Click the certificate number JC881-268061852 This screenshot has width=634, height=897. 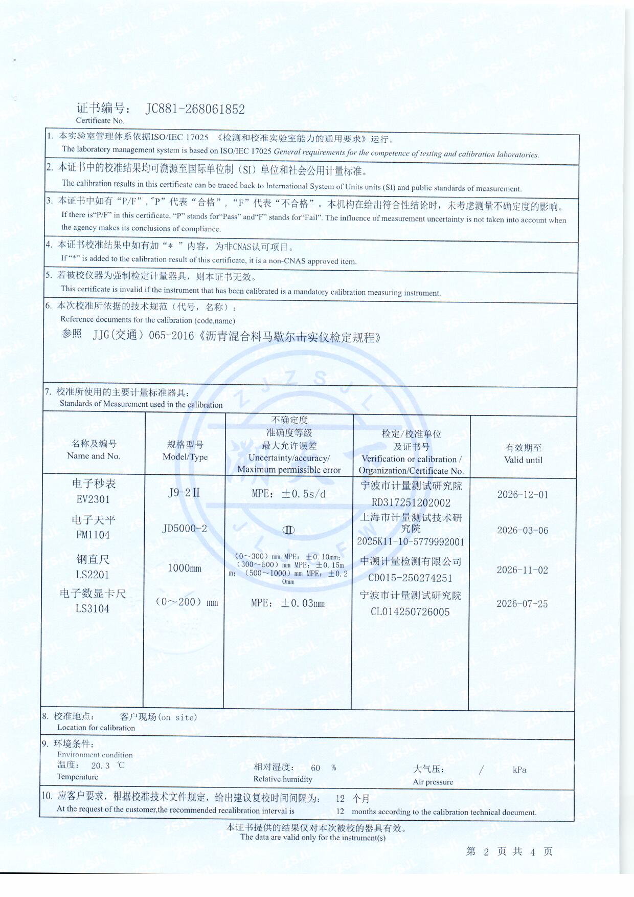tap(195, 109)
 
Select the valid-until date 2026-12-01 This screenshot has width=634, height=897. tap(522, 495)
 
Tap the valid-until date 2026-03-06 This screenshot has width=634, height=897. tap(522, 531)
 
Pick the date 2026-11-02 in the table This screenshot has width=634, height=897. tap(522, 570)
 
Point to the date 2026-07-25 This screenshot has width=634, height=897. tap(522, 604)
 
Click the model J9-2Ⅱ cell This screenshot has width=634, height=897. tap(184, 493)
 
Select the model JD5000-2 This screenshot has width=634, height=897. tap(185, 529)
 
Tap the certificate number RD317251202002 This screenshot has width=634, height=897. tap(411, 503)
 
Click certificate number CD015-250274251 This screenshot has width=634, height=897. tap(410, 578)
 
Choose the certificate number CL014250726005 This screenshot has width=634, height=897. tap(410, 612)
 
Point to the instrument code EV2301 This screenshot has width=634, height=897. tap(93, 499)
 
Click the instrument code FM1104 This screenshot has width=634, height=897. tap(93, 535)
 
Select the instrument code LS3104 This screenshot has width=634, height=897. tap(93, 608)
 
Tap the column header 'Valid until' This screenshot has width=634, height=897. tap(523, 460)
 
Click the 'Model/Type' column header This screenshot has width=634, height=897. tap(185, 457)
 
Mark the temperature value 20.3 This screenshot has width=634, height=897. tap(100, 766)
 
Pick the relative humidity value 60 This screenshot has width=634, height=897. tap(315, 768)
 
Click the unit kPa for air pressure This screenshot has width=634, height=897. tap(519, 770)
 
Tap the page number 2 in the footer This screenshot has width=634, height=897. tap(486, 851)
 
